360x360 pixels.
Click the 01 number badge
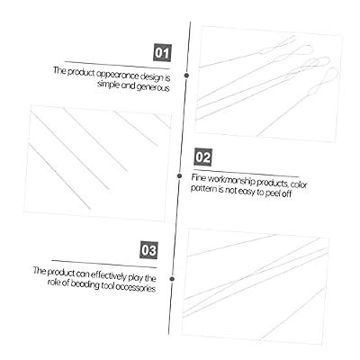point(163,53)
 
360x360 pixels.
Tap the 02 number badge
point(203,157)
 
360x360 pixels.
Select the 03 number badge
point(148,250)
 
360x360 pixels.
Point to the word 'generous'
point(153,87)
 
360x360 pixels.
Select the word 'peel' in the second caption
point(273,193)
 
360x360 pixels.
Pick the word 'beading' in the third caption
point(85,284)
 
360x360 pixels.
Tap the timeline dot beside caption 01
point(186,76)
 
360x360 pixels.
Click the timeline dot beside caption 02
point(179,175)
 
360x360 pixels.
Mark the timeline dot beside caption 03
point(172,279)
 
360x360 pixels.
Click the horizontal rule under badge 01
point(117,65)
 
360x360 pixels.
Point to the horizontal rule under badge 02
point(247,173)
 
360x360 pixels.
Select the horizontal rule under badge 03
point(104,264)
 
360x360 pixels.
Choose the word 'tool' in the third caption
point(107,285)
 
